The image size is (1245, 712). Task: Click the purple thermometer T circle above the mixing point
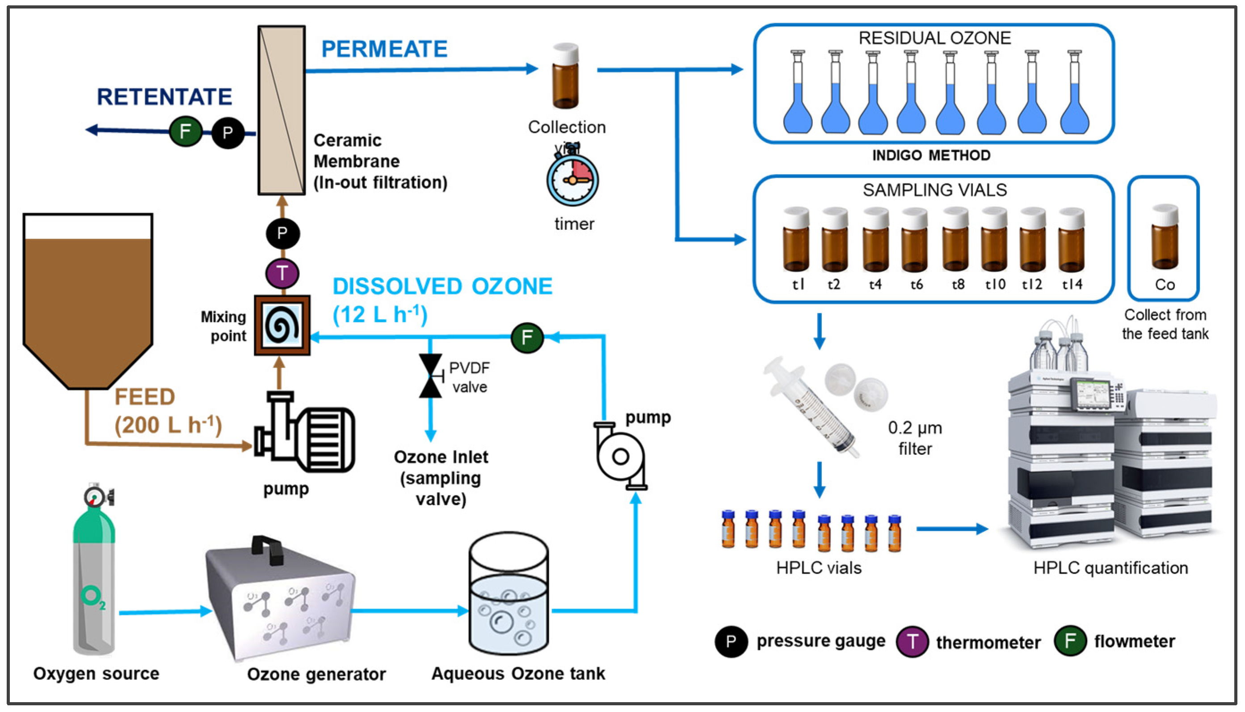pos(282,273)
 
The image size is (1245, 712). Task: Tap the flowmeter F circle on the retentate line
pos(185,131)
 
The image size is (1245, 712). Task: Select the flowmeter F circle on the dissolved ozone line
pos(527,337)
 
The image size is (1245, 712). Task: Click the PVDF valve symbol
pos(430,376)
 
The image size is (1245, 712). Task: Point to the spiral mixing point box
pos(282,325)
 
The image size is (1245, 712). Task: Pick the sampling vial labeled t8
pos(955,241)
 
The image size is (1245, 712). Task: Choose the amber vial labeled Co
pos(1165,238)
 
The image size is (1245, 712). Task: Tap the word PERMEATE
pos(384,49)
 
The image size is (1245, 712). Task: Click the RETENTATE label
pos(164,97)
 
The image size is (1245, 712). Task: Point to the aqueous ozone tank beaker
pos(508,594)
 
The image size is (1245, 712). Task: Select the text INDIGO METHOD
pos(931,156)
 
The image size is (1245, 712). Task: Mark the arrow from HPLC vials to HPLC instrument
pos(951,529)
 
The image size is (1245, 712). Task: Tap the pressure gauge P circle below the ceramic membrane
pos(282,233)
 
